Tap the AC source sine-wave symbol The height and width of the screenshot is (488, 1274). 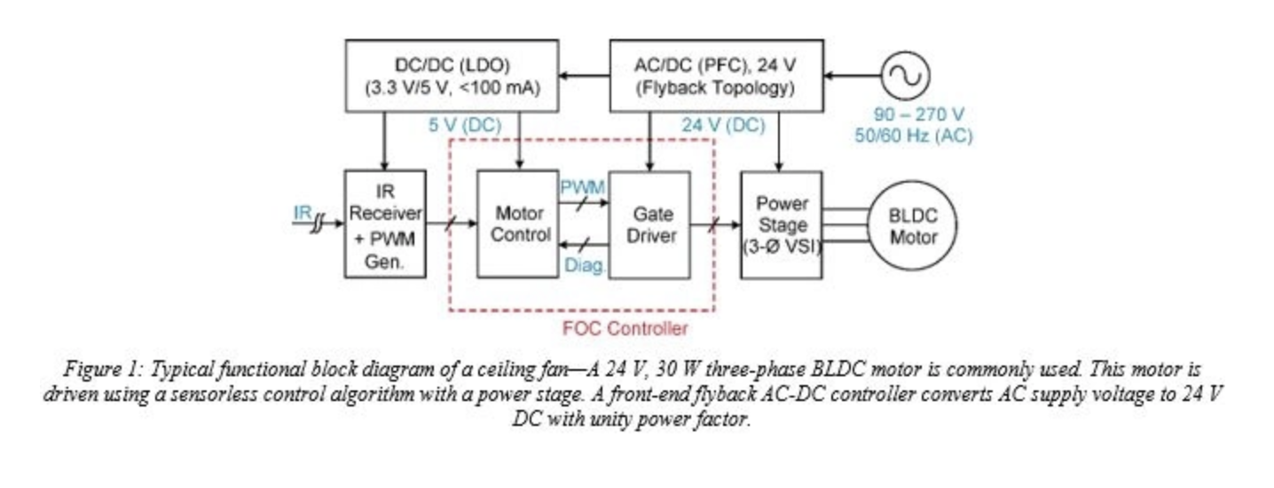904,76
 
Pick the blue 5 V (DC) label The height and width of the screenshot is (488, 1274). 464,126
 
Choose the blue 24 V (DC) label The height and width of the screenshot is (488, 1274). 723,126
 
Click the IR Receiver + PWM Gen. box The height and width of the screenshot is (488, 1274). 384,225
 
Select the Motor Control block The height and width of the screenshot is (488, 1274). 519,225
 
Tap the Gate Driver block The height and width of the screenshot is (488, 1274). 649,225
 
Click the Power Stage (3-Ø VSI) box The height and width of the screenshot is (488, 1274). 781,225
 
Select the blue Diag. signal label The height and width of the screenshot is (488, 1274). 585,264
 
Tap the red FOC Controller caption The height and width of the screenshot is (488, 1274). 625,329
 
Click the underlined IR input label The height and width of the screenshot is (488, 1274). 303,213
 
